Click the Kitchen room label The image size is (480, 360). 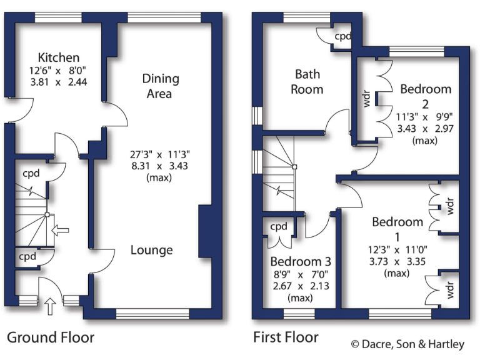[58, 57]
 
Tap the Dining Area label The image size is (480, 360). [161, 86]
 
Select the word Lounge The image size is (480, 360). [151, 250]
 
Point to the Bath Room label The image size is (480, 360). [309, 81]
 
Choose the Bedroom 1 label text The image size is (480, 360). [397, 229]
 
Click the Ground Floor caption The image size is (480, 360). [51, 338]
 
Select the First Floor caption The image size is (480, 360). [286, 338]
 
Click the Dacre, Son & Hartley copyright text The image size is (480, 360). [407, 344]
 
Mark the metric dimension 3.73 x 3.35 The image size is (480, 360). [397, 262]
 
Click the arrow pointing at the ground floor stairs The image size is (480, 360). [60, 231]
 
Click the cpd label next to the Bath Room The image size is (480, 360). [343, 37]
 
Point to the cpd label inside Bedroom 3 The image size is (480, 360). [279, 226]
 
